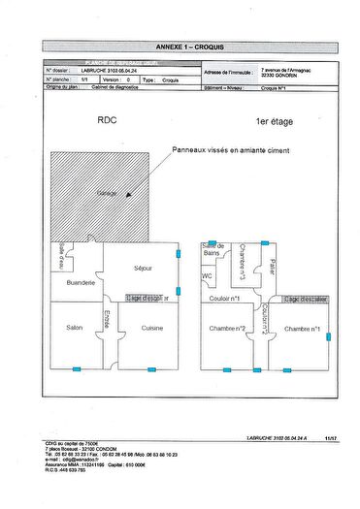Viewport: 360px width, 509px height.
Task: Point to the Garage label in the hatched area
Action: [107, 194]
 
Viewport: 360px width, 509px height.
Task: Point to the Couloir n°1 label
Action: [226, 299]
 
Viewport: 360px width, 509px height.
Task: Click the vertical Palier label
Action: [274, 267]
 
